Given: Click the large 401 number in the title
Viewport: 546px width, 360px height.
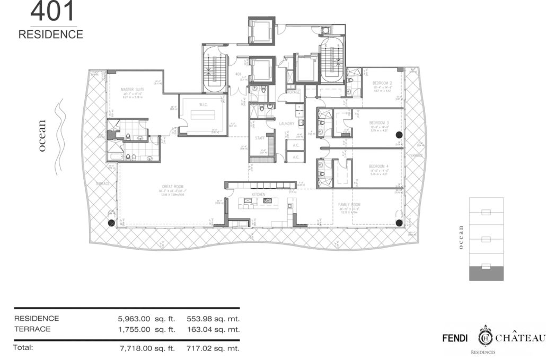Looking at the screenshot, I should (x=52, y=12).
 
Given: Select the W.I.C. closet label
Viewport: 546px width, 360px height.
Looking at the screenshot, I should (x=203, y=104).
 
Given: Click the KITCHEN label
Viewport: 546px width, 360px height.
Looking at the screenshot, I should (x=258, y=195).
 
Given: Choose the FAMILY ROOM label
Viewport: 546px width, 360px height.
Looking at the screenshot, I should (x=349, y=204).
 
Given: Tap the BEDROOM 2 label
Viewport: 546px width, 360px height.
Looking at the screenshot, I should (x=382, y=83).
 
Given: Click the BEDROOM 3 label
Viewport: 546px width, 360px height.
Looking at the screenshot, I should (x=380, y=122).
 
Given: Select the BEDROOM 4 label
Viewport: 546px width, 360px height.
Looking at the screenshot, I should (x=380, y=166).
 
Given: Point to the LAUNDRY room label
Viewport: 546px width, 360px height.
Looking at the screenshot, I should (x=287, y=124).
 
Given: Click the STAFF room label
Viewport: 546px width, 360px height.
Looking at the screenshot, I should (x=260, y=138).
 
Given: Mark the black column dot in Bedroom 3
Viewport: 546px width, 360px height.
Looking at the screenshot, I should (x=399, y=135).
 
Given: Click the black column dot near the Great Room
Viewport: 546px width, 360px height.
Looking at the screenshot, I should (x=111, y=223).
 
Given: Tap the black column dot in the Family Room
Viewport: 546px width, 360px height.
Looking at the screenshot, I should (x=399, y=223).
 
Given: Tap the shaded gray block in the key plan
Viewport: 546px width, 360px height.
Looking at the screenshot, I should (x=487, y=273).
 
